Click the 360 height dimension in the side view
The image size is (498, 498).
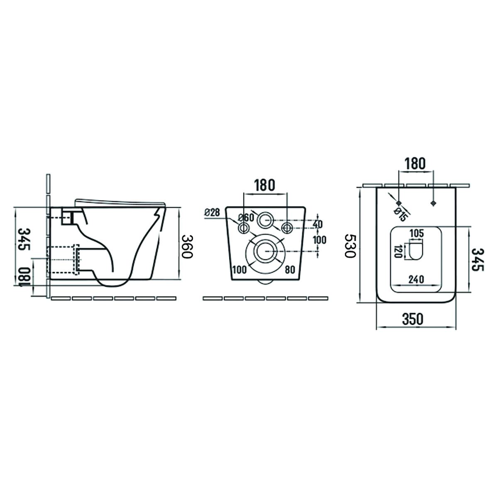point(187,247)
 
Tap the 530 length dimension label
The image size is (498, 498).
point(350,246)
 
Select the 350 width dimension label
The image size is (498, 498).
point(413,319)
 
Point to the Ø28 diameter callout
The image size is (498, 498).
point(212,212)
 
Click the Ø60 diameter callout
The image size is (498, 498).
point(246,217)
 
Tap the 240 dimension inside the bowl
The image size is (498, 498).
point(416,279)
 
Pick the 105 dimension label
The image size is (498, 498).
point(417,233)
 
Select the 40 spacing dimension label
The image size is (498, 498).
point(317,224)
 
